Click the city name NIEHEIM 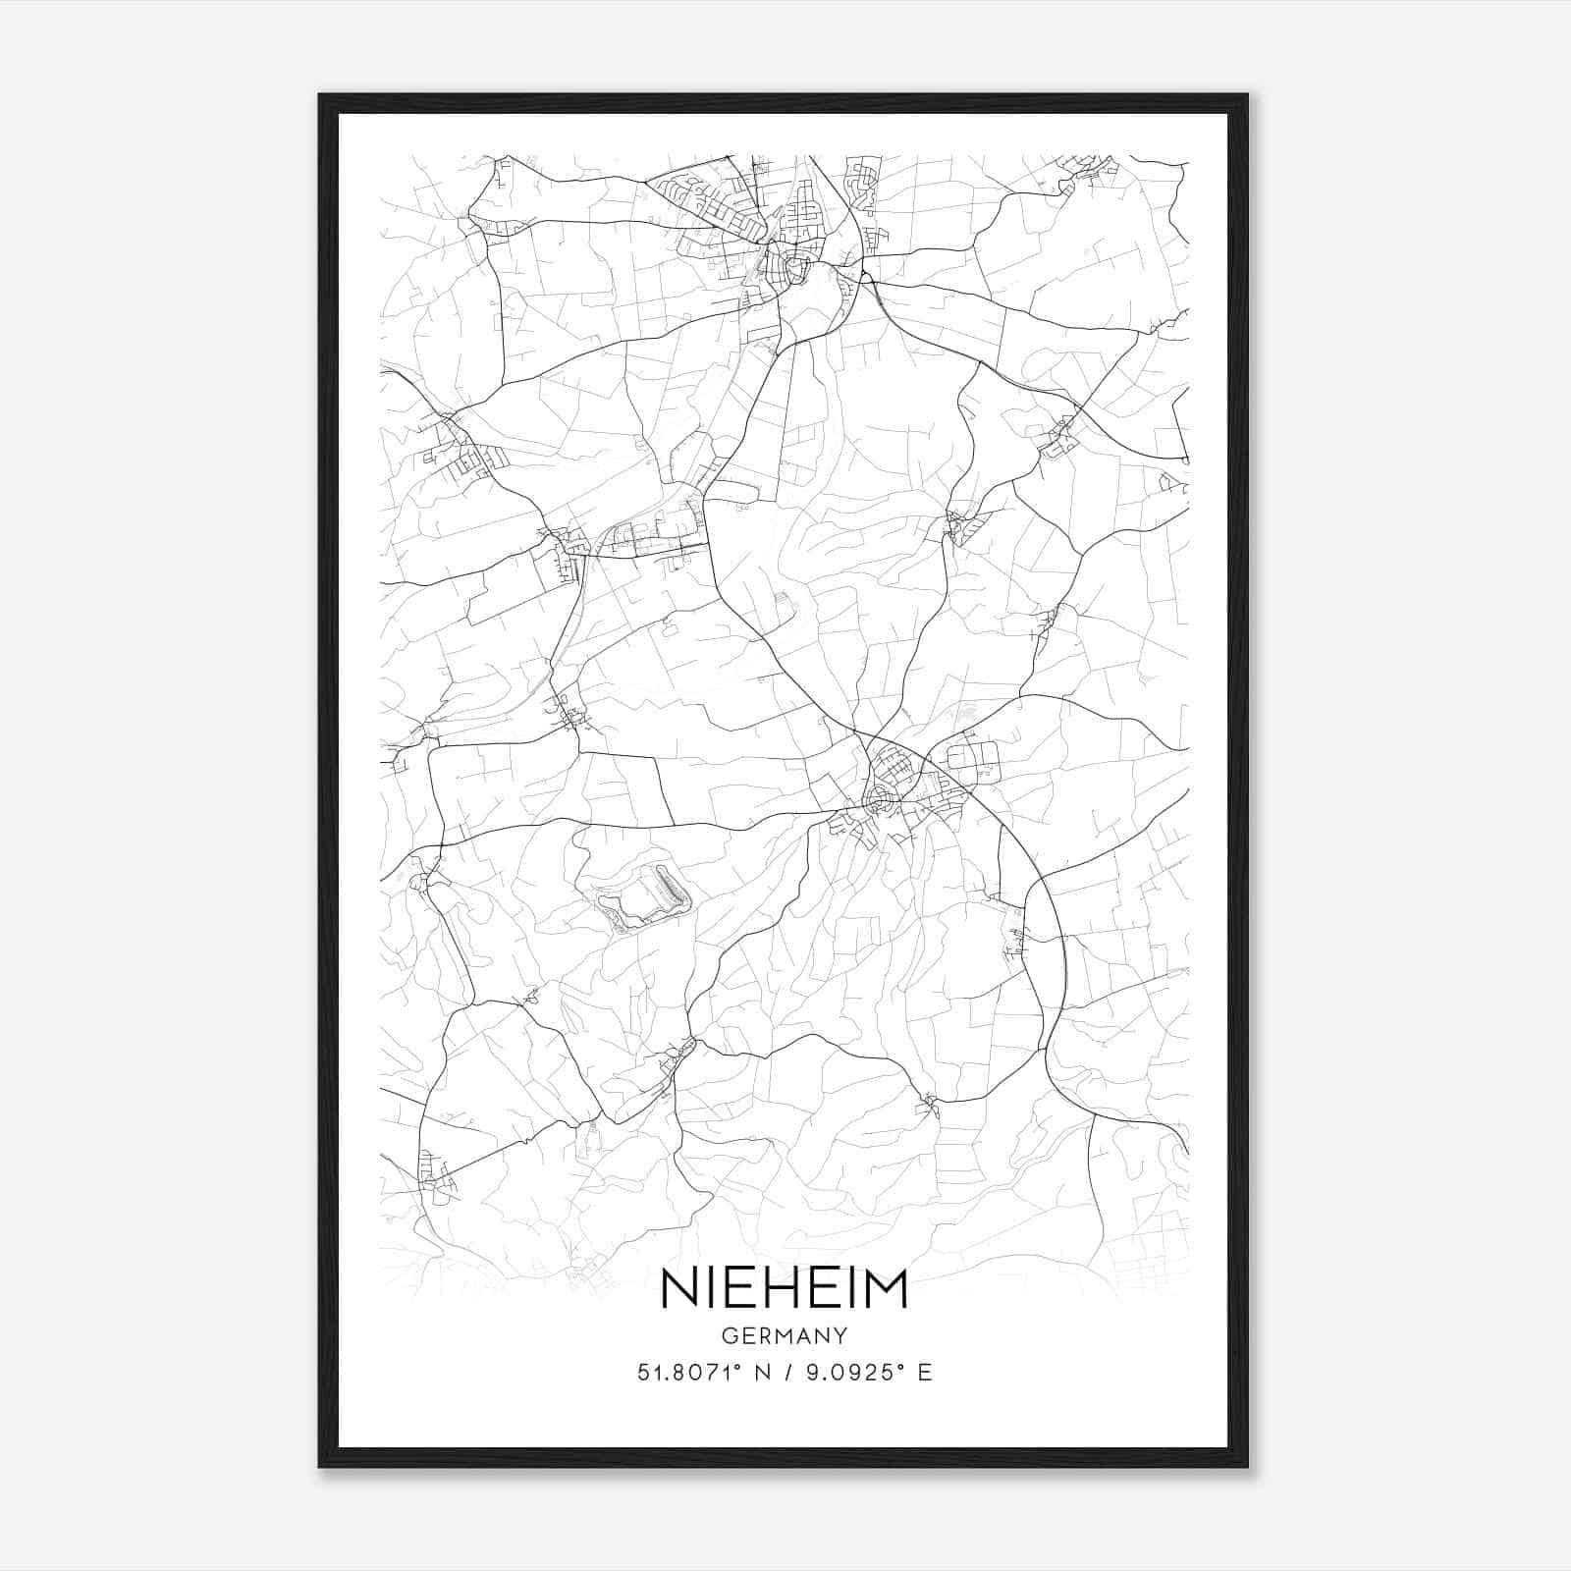(785, 1289)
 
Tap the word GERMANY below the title (785, 1335)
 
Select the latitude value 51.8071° (687, 1373)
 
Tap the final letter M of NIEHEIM (887, 1289)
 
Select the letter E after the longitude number (924, 1373)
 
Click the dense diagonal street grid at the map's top (712, 206)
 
